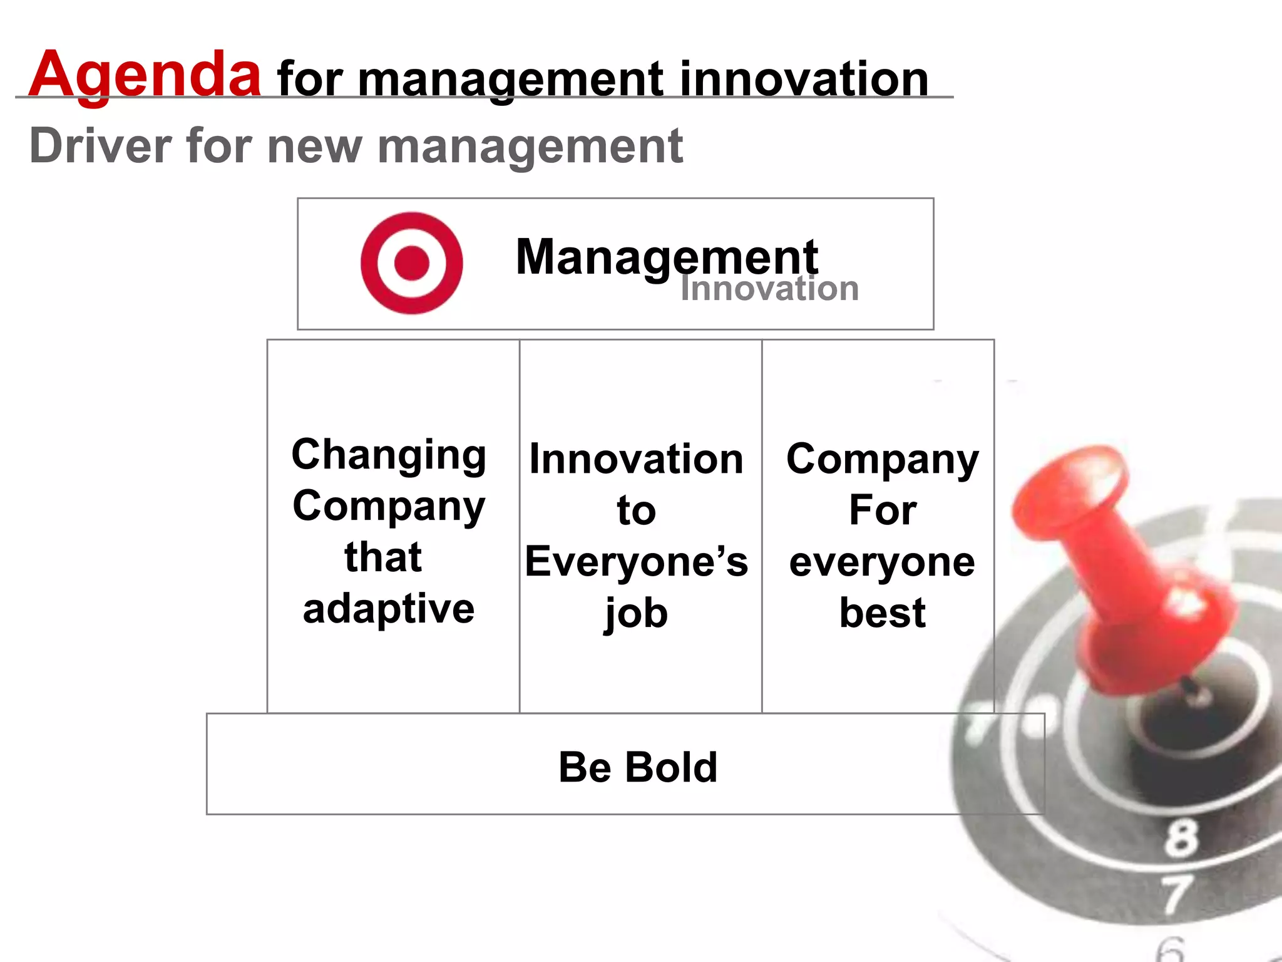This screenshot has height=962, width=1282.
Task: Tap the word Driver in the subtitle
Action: (100, 146)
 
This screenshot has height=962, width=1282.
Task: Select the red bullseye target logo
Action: (411, 262)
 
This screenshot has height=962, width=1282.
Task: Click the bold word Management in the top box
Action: (666, 257)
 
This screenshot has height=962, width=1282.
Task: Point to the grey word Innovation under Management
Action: (769, 289)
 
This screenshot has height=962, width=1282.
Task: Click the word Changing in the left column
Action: (389, 455)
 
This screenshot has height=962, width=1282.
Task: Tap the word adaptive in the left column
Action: (389, 609)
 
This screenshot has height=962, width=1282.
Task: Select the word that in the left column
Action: (383, 557)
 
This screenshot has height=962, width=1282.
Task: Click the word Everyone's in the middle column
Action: (636, 561)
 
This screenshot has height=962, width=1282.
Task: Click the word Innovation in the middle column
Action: (636, 458)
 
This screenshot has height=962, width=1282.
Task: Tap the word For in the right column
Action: (883, 510)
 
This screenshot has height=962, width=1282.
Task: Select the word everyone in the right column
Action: (883, 561)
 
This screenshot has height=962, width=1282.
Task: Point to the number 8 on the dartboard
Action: (1181, 838)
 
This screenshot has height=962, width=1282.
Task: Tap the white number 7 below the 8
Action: (1177, 894)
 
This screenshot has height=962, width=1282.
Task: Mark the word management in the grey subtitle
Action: (530, 146)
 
